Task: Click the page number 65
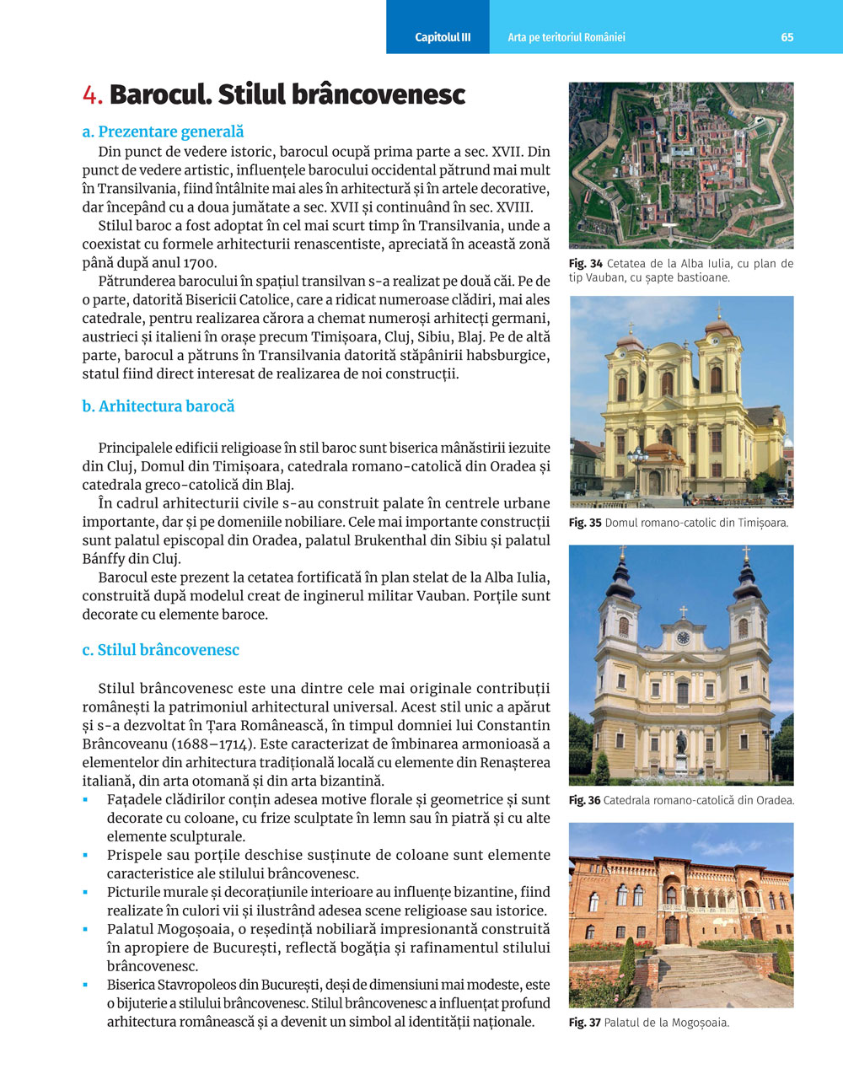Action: point(787,37)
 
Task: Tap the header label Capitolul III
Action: point(443,37)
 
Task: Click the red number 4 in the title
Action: point(92,94)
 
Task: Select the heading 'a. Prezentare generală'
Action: point(163,132)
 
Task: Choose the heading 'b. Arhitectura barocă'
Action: point(158,406)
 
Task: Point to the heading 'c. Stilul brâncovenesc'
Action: point(160,650)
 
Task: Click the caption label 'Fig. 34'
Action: point(585,264)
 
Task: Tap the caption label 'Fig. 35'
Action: point(585,523)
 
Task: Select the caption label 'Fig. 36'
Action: point(584,800)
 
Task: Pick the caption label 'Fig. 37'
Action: point(584,1023)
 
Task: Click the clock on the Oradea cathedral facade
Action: point(683,637)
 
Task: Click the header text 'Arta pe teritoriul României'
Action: point(566,37)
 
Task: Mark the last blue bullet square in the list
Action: point(85,985)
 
